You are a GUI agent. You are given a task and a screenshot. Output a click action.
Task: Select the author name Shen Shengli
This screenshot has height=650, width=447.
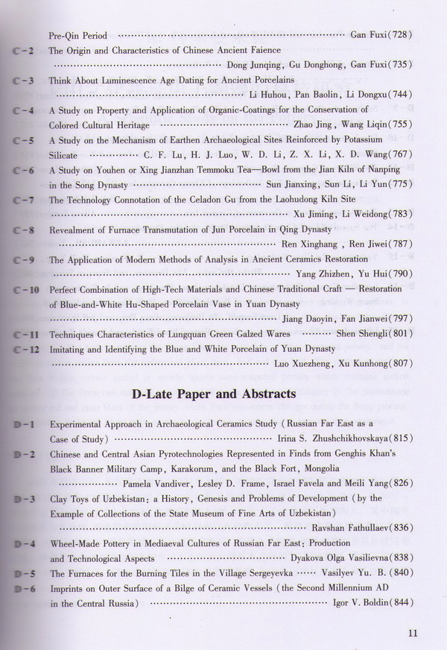[x=361, y=334]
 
